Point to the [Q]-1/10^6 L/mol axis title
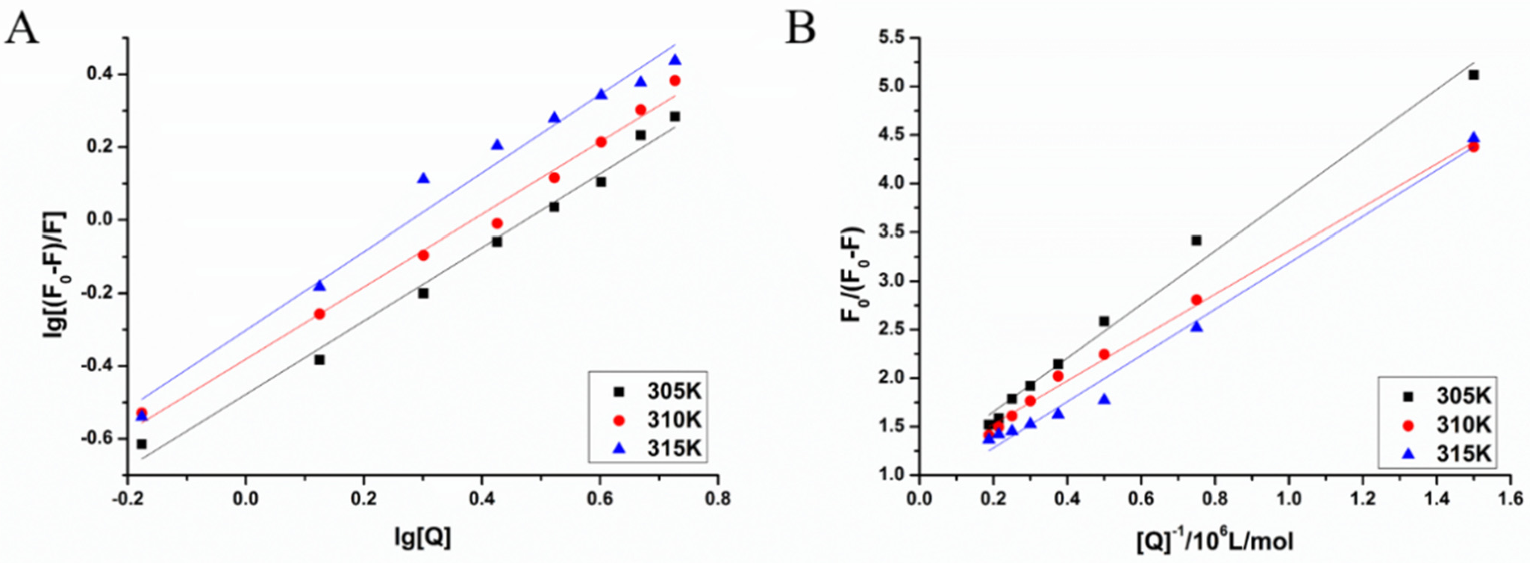pos(1215,539)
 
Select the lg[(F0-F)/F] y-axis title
pos(56,254)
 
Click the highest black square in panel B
pos(1473,75)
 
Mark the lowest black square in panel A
pos(142,444)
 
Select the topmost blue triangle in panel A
pos(675,60)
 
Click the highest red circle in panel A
pos(675,81)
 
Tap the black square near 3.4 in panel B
pos(1196,240)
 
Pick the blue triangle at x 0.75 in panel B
pos(1196,326)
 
